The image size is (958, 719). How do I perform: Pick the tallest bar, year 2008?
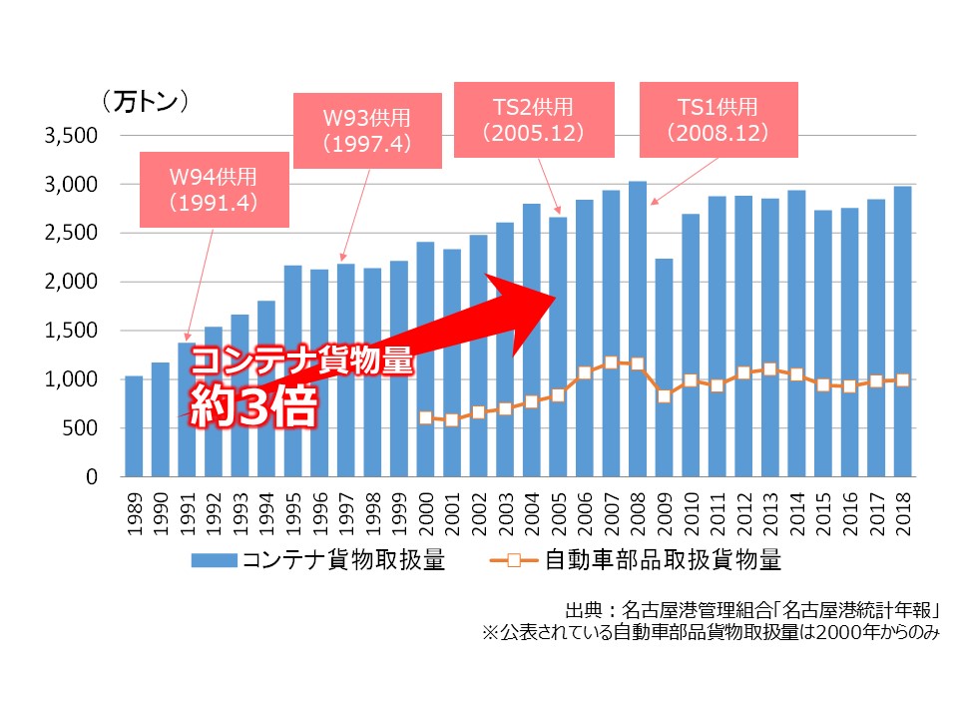[638, 300]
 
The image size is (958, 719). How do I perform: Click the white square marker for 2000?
[426, 417]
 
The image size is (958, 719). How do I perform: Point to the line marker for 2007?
[611, 362]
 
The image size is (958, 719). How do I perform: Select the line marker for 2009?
[664, 396]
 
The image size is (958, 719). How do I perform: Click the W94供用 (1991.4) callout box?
[214, 190]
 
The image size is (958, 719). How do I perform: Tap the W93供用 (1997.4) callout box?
[366, 130]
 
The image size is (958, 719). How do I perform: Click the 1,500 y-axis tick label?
[71, 331]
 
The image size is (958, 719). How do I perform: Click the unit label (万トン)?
[145, 101]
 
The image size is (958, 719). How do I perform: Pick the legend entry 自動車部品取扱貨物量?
[639, 560]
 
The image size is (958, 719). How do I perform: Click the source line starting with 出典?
[752, 610]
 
